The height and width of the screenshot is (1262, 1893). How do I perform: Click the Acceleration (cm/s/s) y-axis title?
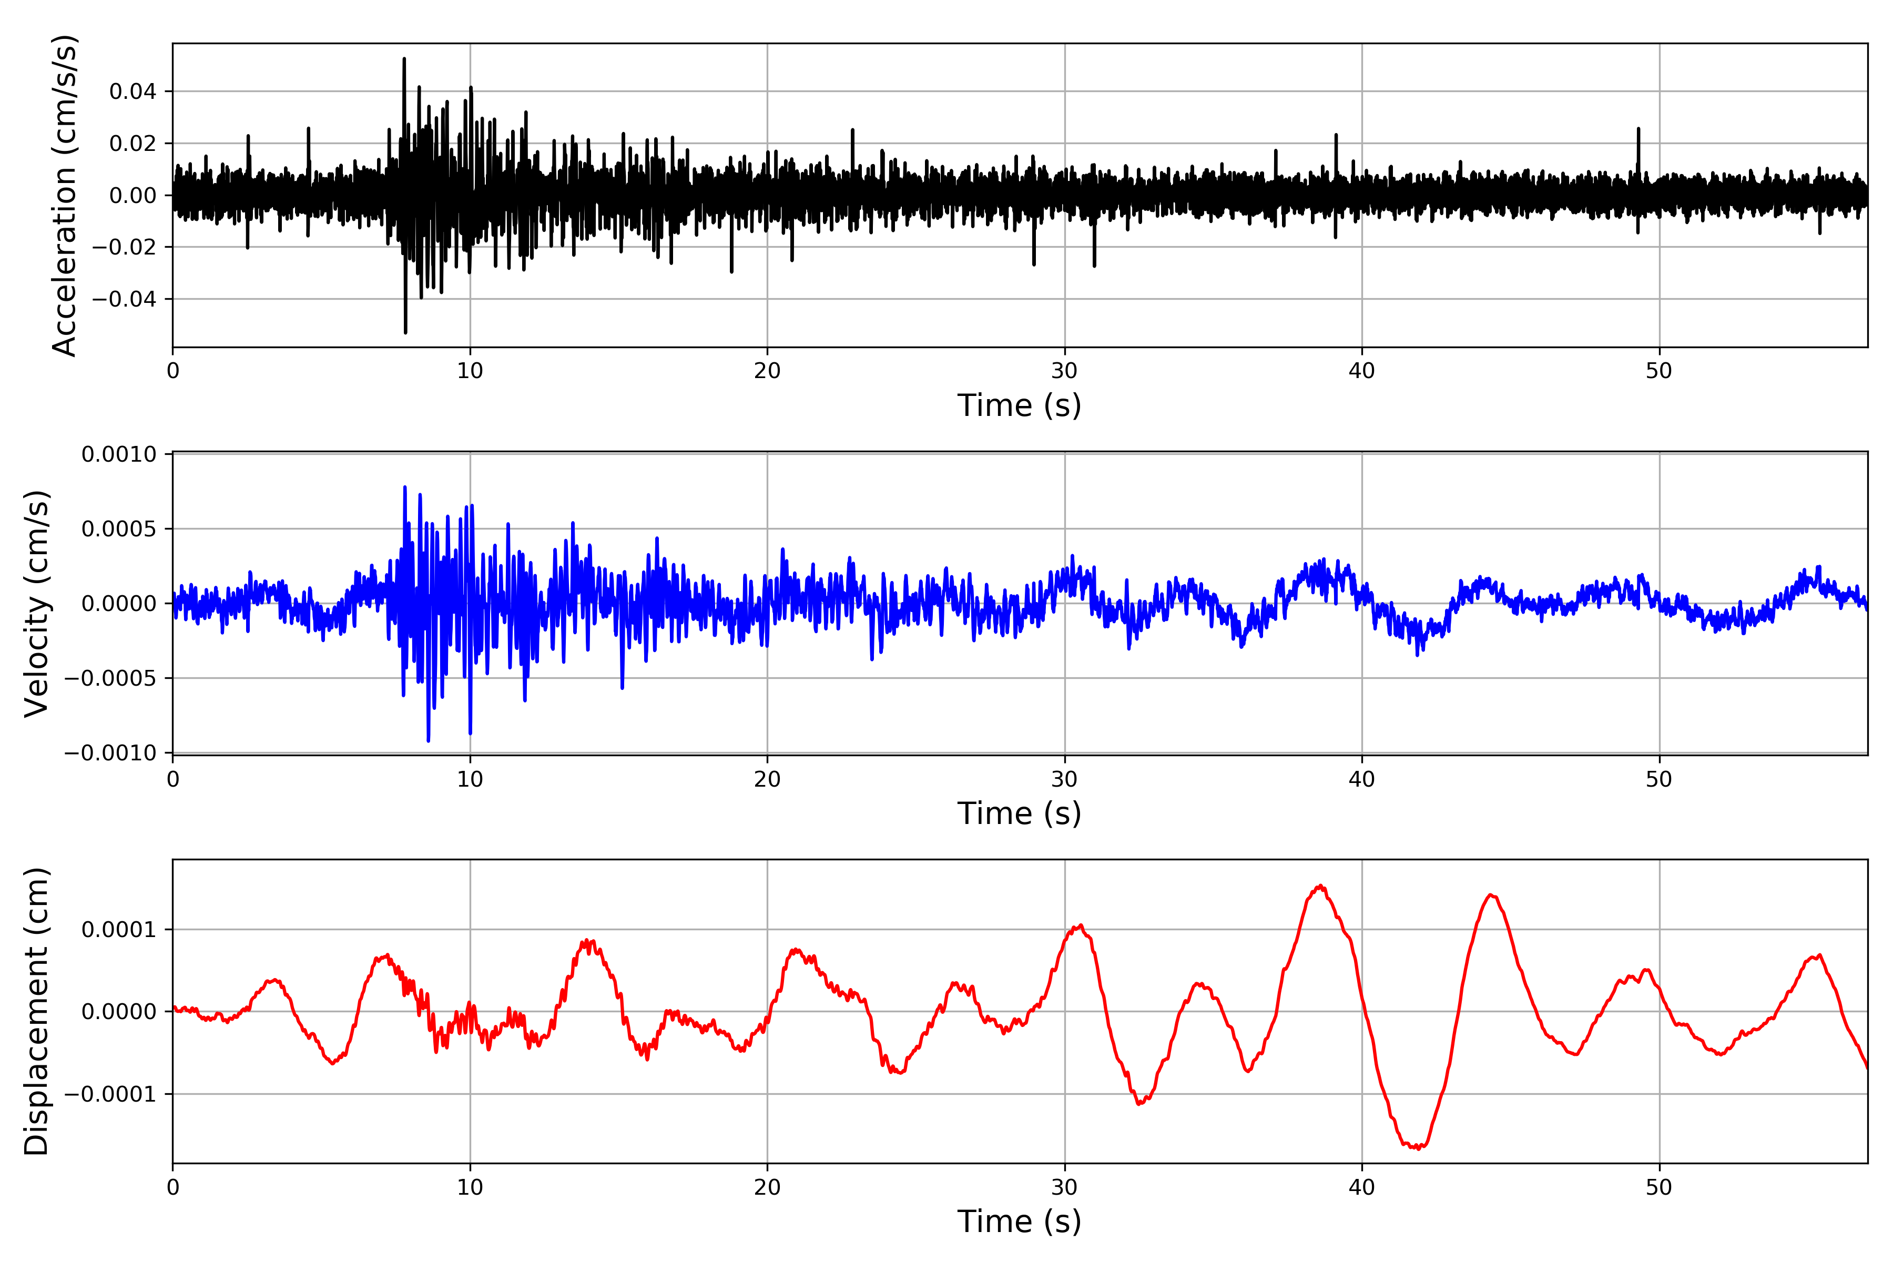64,196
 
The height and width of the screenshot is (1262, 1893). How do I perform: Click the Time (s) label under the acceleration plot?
1019,405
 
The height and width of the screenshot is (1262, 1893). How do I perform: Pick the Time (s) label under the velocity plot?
1019,813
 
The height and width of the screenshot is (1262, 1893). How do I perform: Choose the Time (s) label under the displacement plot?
1019,1221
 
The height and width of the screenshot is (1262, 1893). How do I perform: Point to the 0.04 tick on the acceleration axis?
133,91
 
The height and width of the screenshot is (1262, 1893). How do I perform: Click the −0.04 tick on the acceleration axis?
124,299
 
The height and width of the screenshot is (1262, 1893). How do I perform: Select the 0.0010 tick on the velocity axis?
119,455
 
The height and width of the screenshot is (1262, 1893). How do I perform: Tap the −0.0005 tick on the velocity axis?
110,678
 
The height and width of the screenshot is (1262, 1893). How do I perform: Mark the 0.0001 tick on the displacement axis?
119,930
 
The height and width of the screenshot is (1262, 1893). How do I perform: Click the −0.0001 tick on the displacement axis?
110,1095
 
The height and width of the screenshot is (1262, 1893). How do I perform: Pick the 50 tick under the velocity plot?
1659,779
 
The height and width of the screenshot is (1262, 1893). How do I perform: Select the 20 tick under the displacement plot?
767,1187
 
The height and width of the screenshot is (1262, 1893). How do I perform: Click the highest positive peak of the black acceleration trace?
404,59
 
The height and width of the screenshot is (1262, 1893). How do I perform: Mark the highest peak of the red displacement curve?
1320,886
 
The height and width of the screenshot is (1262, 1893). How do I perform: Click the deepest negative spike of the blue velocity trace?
428,740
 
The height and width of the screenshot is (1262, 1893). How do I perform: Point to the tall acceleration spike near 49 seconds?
1638,129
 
